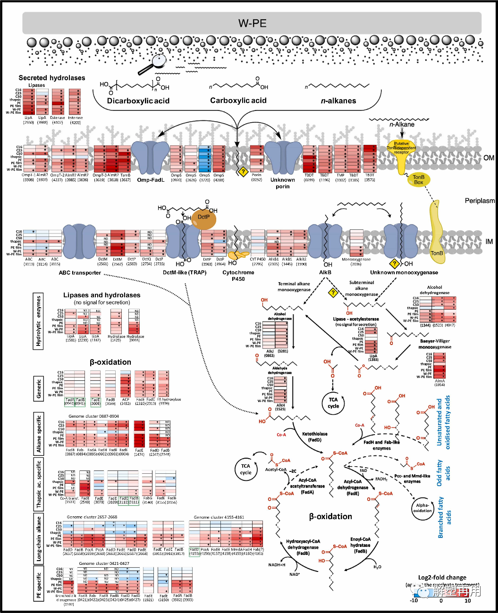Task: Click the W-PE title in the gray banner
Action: (252, 23)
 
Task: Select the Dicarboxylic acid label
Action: (138, 101)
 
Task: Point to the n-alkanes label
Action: (338, 101)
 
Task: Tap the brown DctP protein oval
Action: (203, 218)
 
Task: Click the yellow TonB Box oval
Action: (418, 179)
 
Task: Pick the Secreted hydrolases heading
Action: (52, 78)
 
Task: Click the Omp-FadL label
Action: (151, 180)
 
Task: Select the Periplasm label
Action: (480, 201)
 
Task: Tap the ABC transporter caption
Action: (80, 272)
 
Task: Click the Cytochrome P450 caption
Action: (238, 276)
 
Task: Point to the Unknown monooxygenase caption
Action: (404, 272)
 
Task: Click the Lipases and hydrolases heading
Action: (101, 295)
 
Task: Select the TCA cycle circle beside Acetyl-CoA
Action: (245, 469)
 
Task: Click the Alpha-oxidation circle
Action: (422, 508)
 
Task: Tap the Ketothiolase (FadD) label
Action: (314, 437)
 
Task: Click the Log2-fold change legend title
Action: (442, 578)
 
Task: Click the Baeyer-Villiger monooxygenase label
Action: (435, 344)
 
